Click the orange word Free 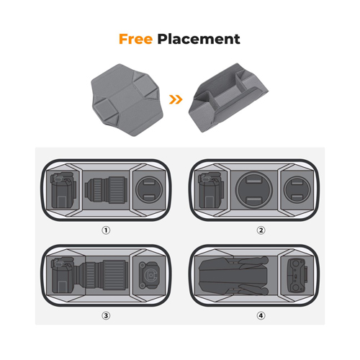pos(135,39)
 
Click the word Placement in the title pos(199,39)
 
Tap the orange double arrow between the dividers pos(176,99)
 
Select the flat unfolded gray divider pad pos(127,99)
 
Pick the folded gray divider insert pos(228,97)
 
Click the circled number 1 pos(106,230)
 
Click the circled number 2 pos(261,230)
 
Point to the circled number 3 pos(106,315)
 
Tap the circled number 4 pos(261,315)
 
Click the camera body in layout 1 pos(63,190)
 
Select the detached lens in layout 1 pos(106,189)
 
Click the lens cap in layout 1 pos(149,189)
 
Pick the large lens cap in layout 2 pos(254,190)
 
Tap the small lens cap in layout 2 pos(297,189)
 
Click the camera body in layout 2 pos(211,190)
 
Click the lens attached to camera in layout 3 pos(103,275)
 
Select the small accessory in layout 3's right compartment pos(149,275)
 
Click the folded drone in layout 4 pos(233,276)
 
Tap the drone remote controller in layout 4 pos(297,275)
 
